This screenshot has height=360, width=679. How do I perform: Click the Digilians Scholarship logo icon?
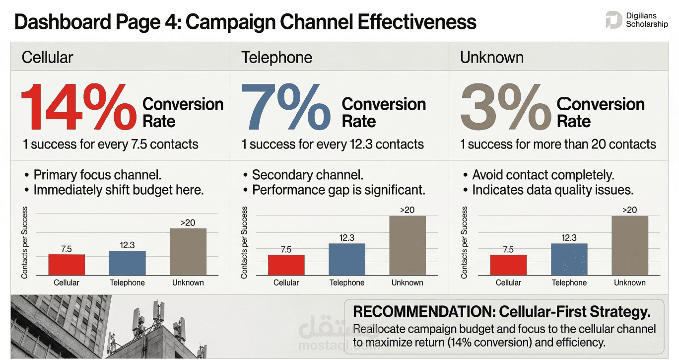pyautogui.click(x=613, y=20)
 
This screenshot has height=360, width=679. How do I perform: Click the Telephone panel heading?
pyautogui.click(x=276, y=58)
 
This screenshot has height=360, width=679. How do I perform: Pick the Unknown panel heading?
pyautogui.click(x=491, y=58)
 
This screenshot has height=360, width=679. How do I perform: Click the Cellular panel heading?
pyautogui.click(x=47, y=58)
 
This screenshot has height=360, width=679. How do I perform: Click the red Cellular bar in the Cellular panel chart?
pyautogui.click(x=67, y=265)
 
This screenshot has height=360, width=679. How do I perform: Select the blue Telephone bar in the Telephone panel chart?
pyautogui.click(x=346, y=259)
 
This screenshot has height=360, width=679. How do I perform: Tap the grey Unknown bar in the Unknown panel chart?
pyautogui.click(x=629, y=245)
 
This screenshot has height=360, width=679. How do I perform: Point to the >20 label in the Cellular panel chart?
pyautogui.click(x=188, y=222)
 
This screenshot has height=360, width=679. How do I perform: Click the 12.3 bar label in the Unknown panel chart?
pyautogui.click(x=569, y=238)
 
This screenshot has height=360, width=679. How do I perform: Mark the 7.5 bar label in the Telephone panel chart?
pyautogui.click(x=286, y=249)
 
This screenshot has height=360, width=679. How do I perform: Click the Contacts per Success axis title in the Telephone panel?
pyautogui.click(x=244, y=242)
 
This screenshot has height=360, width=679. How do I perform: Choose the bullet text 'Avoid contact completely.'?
pyautogui.click(x=543, y=175)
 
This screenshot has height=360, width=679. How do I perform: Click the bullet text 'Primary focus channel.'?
pyautogui.click(x=97, y=175)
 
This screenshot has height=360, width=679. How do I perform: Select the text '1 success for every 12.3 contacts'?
pyautogui.click(x=333, y=144)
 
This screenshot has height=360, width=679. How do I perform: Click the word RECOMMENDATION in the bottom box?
pyautogui.click(x=423, y=312)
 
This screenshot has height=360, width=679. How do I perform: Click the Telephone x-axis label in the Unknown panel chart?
pyautogui.click(x=569, y=283)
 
